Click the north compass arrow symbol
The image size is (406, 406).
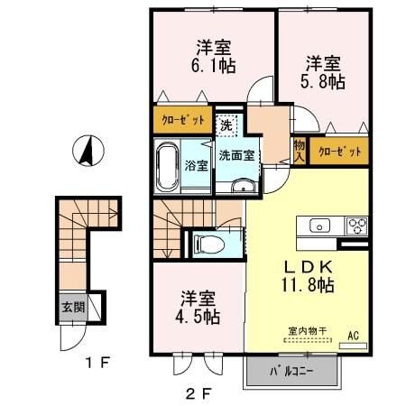[88, 151]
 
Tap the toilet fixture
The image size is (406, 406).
[208, 243]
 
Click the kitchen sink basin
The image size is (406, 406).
[320, 226]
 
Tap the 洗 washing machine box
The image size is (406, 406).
[228, 125]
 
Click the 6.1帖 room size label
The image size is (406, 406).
[209, 66]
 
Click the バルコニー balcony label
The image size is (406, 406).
[291, 371]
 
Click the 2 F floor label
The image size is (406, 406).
[200, 393]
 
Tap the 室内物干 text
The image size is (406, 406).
[306, 330]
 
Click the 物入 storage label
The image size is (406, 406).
[299, 150]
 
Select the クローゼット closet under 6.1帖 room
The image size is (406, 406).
[183, 120]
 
